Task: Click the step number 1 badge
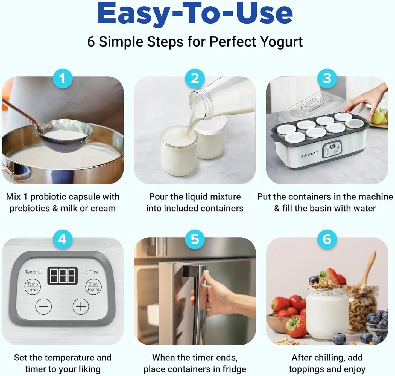click(x=62, y=79)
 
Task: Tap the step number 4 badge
click(x=62, y=239)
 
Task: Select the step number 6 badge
click(x=327, y=239)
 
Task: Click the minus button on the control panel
click(x=43, y=306)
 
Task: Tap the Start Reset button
click(x=93, y=287)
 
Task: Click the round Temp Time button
click(x=33, y=287)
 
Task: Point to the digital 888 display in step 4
click(x=63, y=275)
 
